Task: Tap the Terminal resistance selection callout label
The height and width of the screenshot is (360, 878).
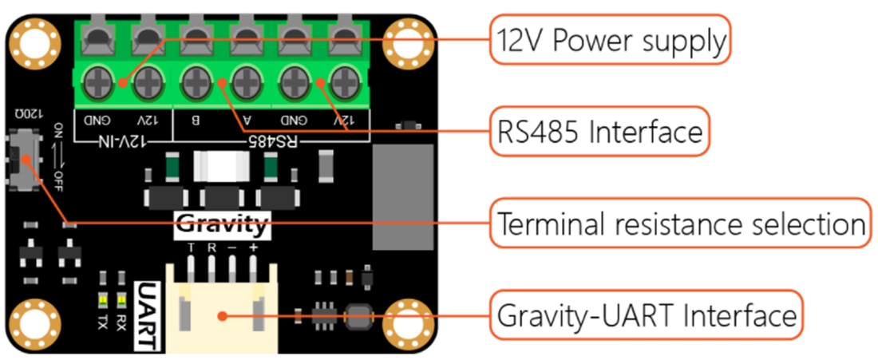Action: pos(680,224)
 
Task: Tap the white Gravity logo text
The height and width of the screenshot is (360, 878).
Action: pos(221,225)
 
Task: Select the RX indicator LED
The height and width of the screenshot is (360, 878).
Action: pos(122,300)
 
